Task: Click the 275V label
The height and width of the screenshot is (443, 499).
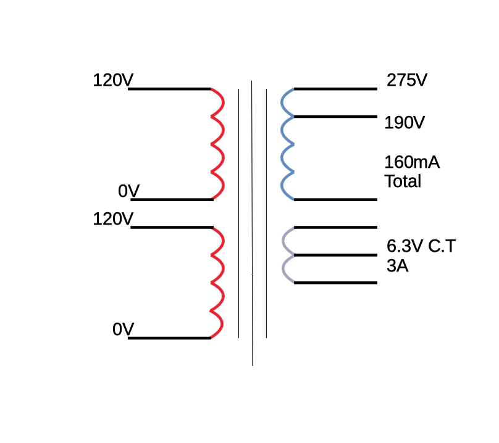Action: [x=407, y=80]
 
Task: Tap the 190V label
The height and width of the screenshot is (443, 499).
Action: [x=405, y=122]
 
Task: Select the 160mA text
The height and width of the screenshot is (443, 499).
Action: [x=412, y=162]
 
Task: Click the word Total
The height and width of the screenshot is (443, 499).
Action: [x=403, y=181]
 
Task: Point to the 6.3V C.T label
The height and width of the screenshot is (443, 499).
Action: [x=421, y=246]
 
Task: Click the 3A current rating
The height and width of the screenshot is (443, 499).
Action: [x=398, y=266]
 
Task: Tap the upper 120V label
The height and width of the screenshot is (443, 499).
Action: [x=113, y=80]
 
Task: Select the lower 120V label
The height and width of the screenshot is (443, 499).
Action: [x=113, y=219]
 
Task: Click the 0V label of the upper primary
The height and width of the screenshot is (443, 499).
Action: [x=128, y=191]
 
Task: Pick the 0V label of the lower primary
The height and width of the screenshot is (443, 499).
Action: [x=123, y=329]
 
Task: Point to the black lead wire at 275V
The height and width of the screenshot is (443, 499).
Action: [x=335, y=89]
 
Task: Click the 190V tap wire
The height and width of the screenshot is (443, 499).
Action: [x=335, y=117]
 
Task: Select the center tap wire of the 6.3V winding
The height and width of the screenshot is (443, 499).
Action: [x=335, y=255]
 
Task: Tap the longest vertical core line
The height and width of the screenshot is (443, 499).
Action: [x=252, y=223]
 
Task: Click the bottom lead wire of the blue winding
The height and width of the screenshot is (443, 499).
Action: [x=335, y=200]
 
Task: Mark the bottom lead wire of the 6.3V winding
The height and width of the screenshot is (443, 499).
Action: [x=335, y=283]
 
